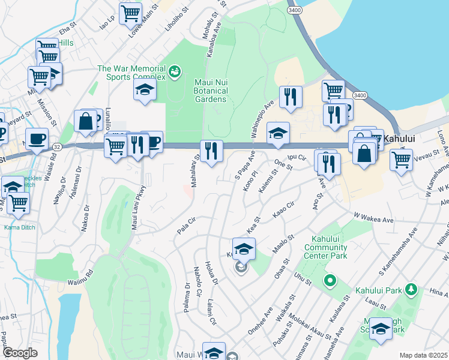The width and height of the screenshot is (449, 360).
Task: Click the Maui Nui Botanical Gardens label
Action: pyautogui.click(x=211, y=90)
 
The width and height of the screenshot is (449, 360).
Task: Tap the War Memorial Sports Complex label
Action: pyautogui.click(x=132, y=73)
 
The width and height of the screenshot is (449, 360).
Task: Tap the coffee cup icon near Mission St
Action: pyautogui.click(x=37, y=140)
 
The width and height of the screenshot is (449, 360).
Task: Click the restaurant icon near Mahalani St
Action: pyautogui.click(x=211, y=150)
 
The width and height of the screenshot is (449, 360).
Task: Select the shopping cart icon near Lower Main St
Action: pyautogui.click(x=130, y=13)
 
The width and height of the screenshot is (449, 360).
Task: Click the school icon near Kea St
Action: pyautogui.click(x=244, y=248)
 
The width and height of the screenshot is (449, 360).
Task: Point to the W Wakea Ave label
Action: pyautogui.click(x=373, y=218)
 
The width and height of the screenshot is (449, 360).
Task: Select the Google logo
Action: pyautogui.click(x=20, y=353)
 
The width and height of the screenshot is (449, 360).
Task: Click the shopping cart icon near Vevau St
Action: pyautogui.click(x=401, y=160)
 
